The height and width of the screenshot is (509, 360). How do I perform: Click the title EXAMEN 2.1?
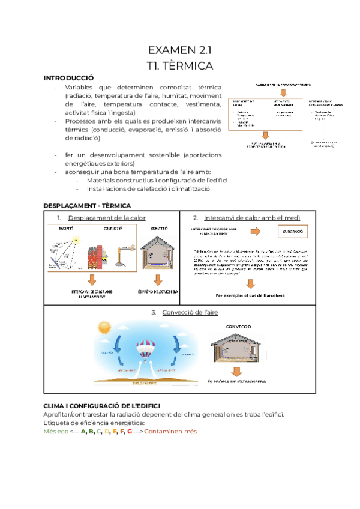click(x=179, y=50)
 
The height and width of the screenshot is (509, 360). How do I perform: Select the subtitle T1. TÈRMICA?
click(x=179, y=64)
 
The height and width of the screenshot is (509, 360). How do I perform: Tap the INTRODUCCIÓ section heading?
click(x=68, y=78)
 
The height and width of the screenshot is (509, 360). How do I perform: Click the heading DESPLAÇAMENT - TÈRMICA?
click(x=87, y=206)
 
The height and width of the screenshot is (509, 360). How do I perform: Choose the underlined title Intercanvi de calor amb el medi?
click(x=252, y=217)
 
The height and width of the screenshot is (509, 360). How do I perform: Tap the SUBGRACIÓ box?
click(x=292, y=232)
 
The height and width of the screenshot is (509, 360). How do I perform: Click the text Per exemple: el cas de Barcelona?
click(x=250, y=295)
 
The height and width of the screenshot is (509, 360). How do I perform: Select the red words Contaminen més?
click(x=170, y=431)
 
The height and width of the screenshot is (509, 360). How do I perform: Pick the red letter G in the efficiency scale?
click(x=129, y=431)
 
